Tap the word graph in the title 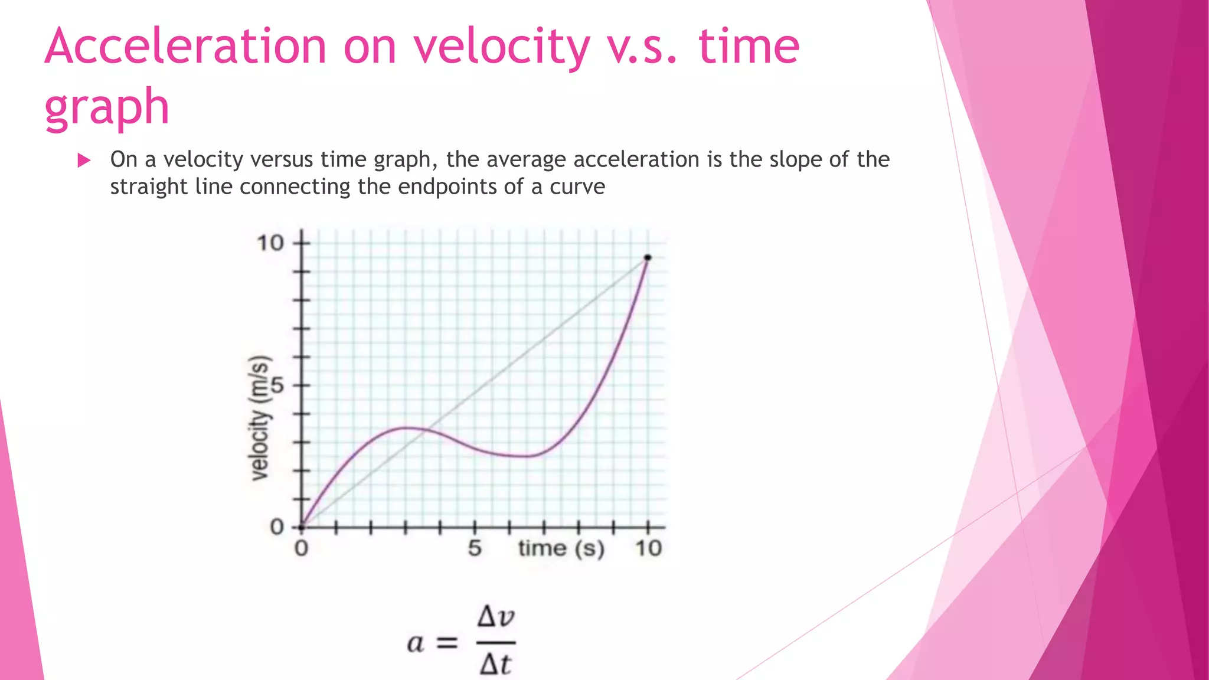pos(107,107)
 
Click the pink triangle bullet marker pos(84,160)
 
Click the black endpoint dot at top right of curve pos(648,257)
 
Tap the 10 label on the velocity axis pos(270,243)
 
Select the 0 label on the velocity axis pos(277,527)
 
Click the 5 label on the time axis pos(475,548)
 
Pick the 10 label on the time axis pos(648,548)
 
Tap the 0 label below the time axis pos(301,548)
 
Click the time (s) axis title pos(561,548)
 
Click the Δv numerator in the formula pos(496,617)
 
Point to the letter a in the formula pos(416,643)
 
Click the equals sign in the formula pos(447,643)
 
